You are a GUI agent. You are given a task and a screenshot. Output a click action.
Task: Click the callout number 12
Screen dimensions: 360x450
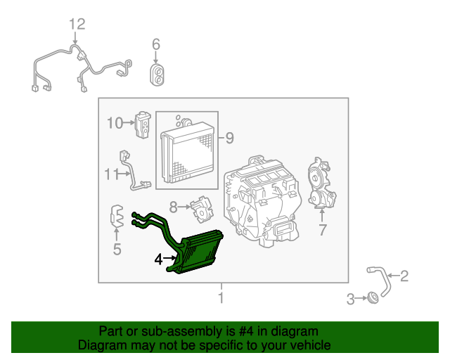pyautogui.click(x=77, y=25)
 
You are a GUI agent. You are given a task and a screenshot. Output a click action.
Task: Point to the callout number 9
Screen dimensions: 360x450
pyautogui.click(x=229, y=138)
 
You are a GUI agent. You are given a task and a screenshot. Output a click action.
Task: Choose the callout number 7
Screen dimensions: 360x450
pyautogui.click(x=323, y=230)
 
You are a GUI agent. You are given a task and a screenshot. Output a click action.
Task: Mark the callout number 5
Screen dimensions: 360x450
pyautogui.click(x=117, y=248)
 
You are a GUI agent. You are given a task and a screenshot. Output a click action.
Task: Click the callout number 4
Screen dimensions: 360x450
pyautogui.click(x=160, y=260)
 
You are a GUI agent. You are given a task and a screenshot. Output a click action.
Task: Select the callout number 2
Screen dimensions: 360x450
pyautogui.click(x=404, y=276)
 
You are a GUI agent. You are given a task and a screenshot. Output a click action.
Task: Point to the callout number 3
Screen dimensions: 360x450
pyautogui.click(x=351, y=300)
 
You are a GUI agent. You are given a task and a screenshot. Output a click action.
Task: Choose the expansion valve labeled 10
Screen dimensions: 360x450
pyautogui.click(x=144, y=124)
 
